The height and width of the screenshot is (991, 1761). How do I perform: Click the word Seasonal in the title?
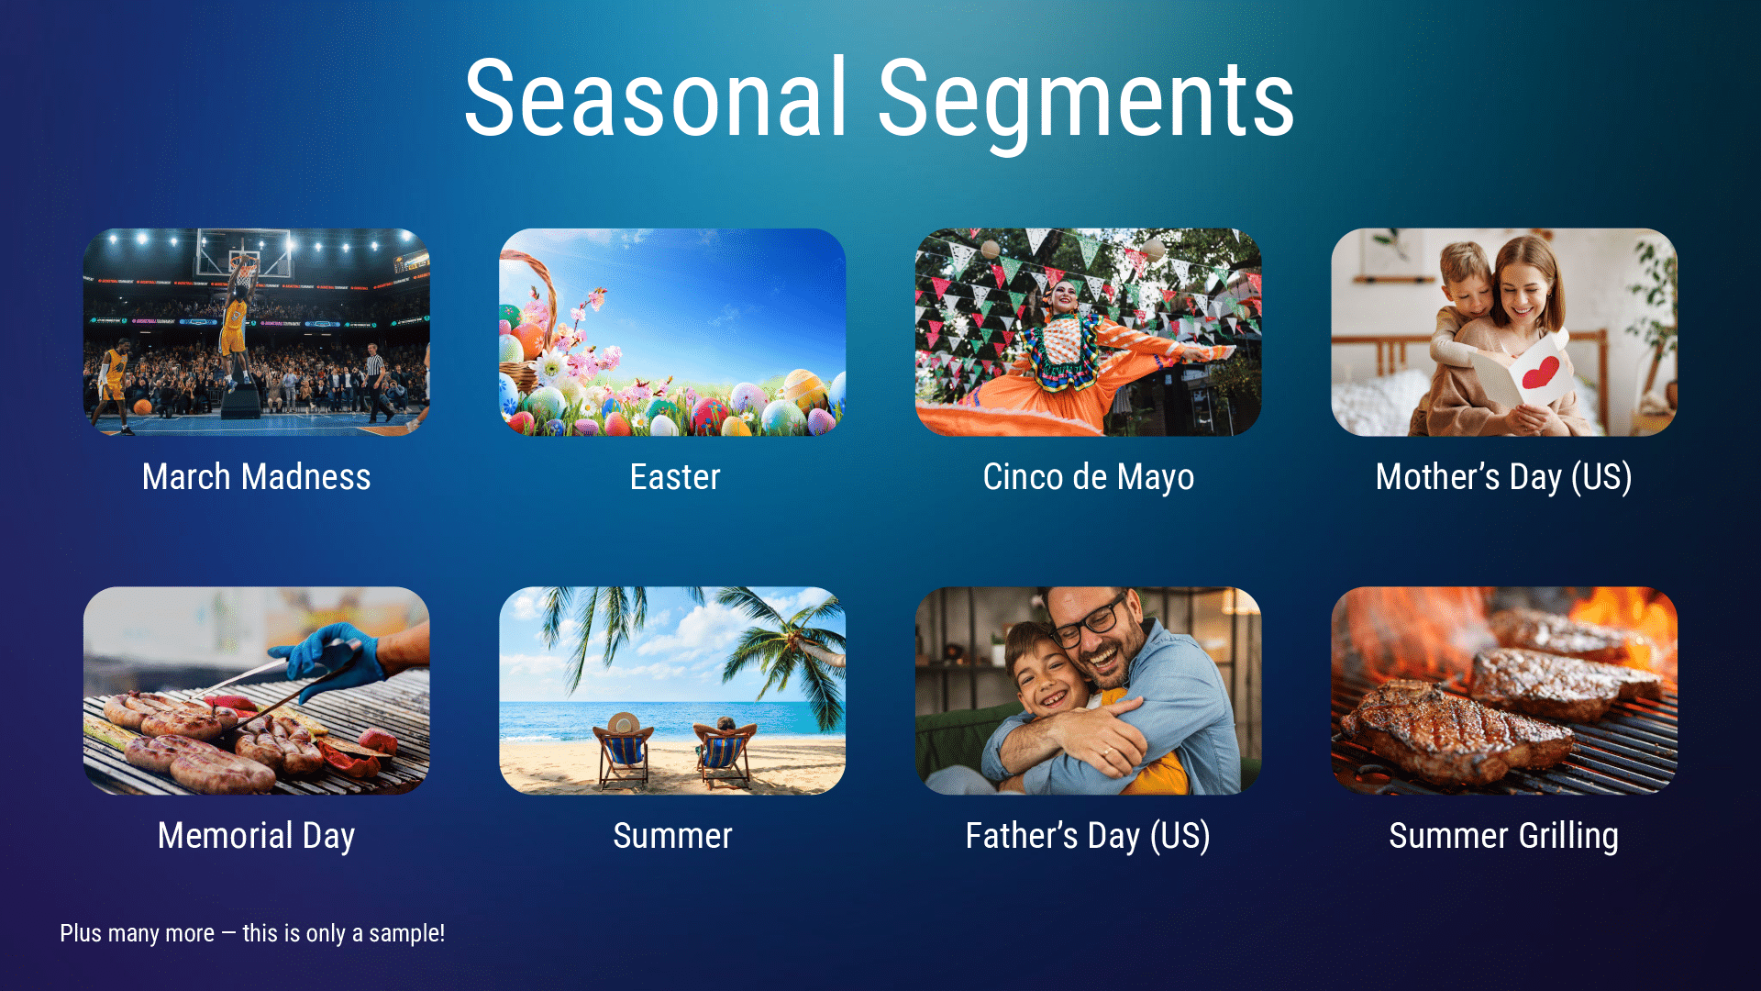pyautogui.click(x=655, y=99)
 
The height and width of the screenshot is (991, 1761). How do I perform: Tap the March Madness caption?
pyautogui.click(x=256, y=477)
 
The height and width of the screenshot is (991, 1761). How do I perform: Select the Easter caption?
pyautogui.click(x=675, y=477)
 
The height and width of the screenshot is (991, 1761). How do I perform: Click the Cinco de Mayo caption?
pyautogui.click(x=1089, y=477)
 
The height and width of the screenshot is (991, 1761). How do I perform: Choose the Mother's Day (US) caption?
pyautogui.click(x=1503, y=477)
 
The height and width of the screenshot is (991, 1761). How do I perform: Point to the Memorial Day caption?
pyautogui.click(x=256, y=836)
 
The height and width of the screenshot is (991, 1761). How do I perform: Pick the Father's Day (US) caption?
pyautogui.click(x=1088, y=836)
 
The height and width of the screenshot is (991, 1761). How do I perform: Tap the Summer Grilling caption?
pyautogui.click(x=1503, y=836)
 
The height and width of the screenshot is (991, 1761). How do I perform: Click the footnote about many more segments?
pyautogui.click(x=252, y=933)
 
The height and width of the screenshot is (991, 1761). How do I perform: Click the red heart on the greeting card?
pyautogui.click(x=1540, y=372)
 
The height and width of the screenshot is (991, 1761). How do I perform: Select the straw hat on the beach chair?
pyautogui.click(x=623, y=723)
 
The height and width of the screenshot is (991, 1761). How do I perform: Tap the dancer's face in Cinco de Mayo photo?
pyautogui.click(x=1064, y=295)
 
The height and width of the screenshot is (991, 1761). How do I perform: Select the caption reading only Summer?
pyautogui.click(x=672, y=836)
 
